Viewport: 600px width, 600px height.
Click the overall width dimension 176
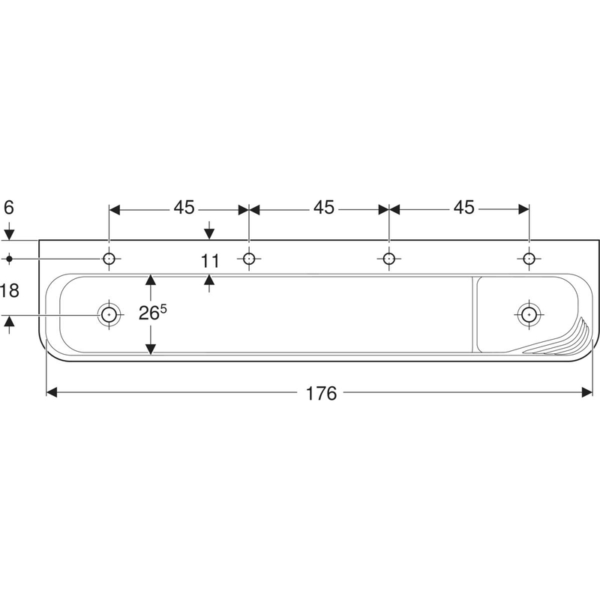[x=322, y=393]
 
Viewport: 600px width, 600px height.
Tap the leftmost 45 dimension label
[x=184, y=208]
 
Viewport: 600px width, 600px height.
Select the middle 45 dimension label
[x=324, y=208]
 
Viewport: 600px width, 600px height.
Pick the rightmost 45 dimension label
[x=464, y=208]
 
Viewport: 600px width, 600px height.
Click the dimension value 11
[x=210, y=261]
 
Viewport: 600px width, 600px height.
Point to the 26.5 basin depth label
[x=153, y=313]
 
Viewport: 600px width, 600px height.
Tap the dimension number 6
[x=9, y=208]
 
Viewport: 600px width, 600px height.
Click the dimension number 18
[x=10, y=290]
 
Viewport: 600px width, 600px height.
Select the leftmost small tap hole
[x=109, y=259]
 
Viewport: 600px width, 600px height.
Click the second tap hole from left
[x=249, y=259]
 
